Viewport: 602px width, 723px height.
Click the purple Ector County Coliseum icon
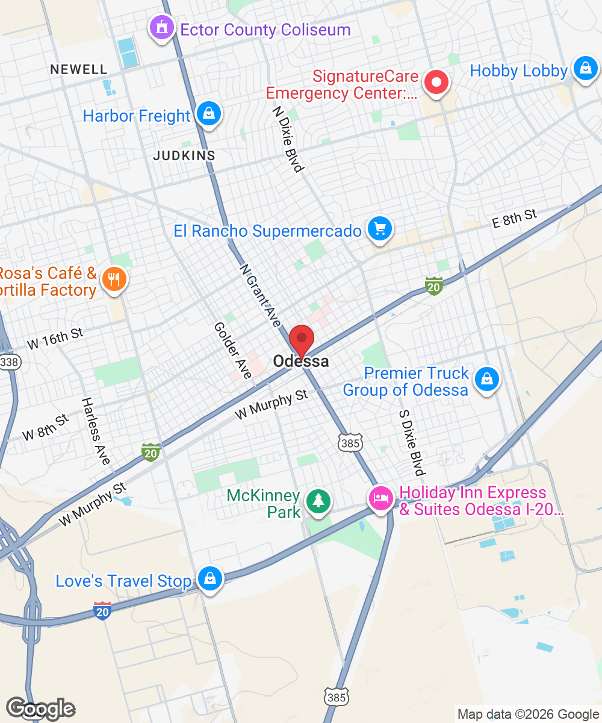[x=161, y=29]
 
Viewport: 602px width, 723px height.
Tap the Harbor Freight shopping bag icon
[x=209, y=114]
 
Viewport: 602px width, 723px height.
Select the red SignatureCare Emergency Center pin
[x=437, y=83]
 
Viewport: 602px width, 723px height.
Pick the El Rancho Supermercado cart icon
[x=380, y=229]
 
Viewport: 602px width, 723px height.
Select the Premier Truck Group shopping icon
[x=487, y=380]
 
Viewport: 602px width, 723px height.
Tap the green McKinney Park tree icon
[x=318, y=501]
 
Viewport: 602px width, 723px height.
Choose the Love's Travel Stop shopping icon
[x=210, y=579]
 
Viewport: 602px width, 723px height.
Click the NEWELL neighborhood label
[x=79, y=69]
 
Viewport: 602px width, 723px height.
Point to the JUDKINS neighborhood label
[x=184, y=155]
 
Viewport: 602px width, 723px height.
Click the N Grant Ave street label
[x=260, y=295]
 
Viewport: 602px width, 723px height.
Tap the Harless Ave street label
[x=96, y=431]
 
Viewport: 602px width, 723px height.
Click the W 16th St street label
[x=55, y=339]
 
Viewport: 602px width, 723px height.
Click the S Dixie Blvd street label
[x=412, y=443]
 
